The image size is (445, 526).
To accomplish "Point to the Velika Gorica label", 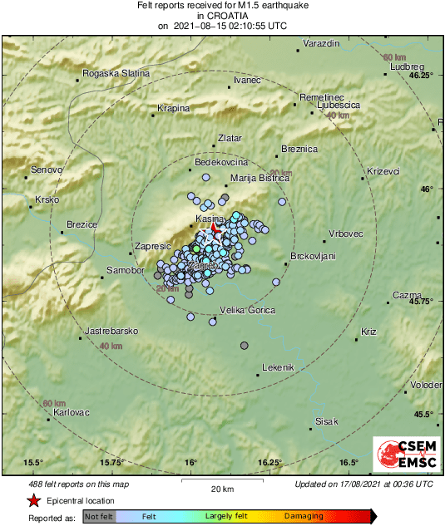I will tap(246, 310).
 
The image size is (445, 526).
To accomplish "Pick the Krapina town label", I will tap(174, 108).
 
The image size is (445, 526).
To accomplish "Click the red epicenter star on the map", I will tap(214, 227).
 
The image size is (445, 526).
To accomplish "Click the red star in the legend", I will tap(33, 501).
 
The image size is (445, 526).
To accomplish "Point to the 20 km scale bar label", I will tap(221, 489).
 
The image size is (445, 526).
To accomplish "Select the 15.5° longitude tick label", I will tap(33, 463).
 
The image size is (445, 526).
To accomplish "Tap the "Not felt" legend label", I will tap(99, 517).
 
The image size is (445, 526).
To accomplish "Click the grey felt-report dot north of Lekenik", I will tap(245, 345).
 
